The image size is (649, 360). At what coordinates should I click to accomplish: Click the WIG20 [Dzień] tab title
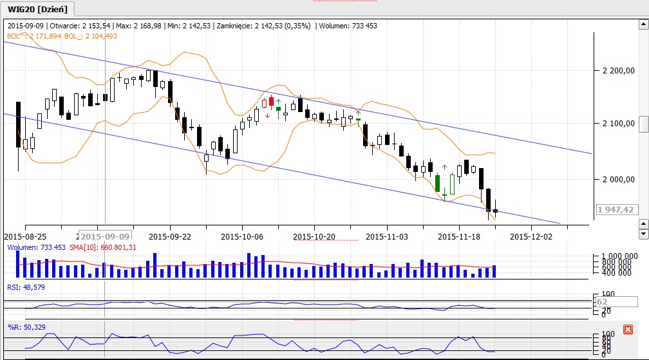pyautogui.click(x=38, y=9)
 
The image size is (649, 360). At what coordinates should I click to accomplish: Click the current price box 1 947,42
pyautogui.click(x=615, y=209)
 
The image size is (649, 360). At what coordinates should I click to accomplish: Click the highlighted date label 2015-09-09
pyautogui.click(x=105, y=236)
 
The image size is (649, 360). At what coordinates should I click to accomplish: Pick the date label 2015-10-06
pyautogui.click(x=242, y=236)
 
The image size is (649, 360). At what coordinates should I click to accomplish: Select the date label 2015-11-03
pyautogui.click(x=387, y=236)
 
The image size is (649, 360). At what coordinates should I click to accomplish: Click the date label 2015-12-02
pyautogui.click(x=531, y=236)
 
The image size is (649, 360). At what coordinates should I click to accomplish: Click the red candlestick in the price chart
pyautogui.click(x=272, y=101)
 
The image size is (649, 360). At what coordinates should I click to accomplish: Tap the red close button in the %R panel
pyautogui.click(x=628, y=329)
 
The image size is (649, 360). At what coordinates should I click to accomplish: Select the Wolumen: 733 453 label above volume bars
pyautogui.click(x=36, y=247)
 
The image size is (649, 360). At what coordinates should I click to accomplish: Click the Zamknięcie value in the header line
pyautogui.click(x=279, y=26)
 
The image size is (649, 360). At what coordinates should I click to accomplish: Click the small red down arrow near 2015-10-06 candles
pyautogui.click(x=267, y=116)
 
